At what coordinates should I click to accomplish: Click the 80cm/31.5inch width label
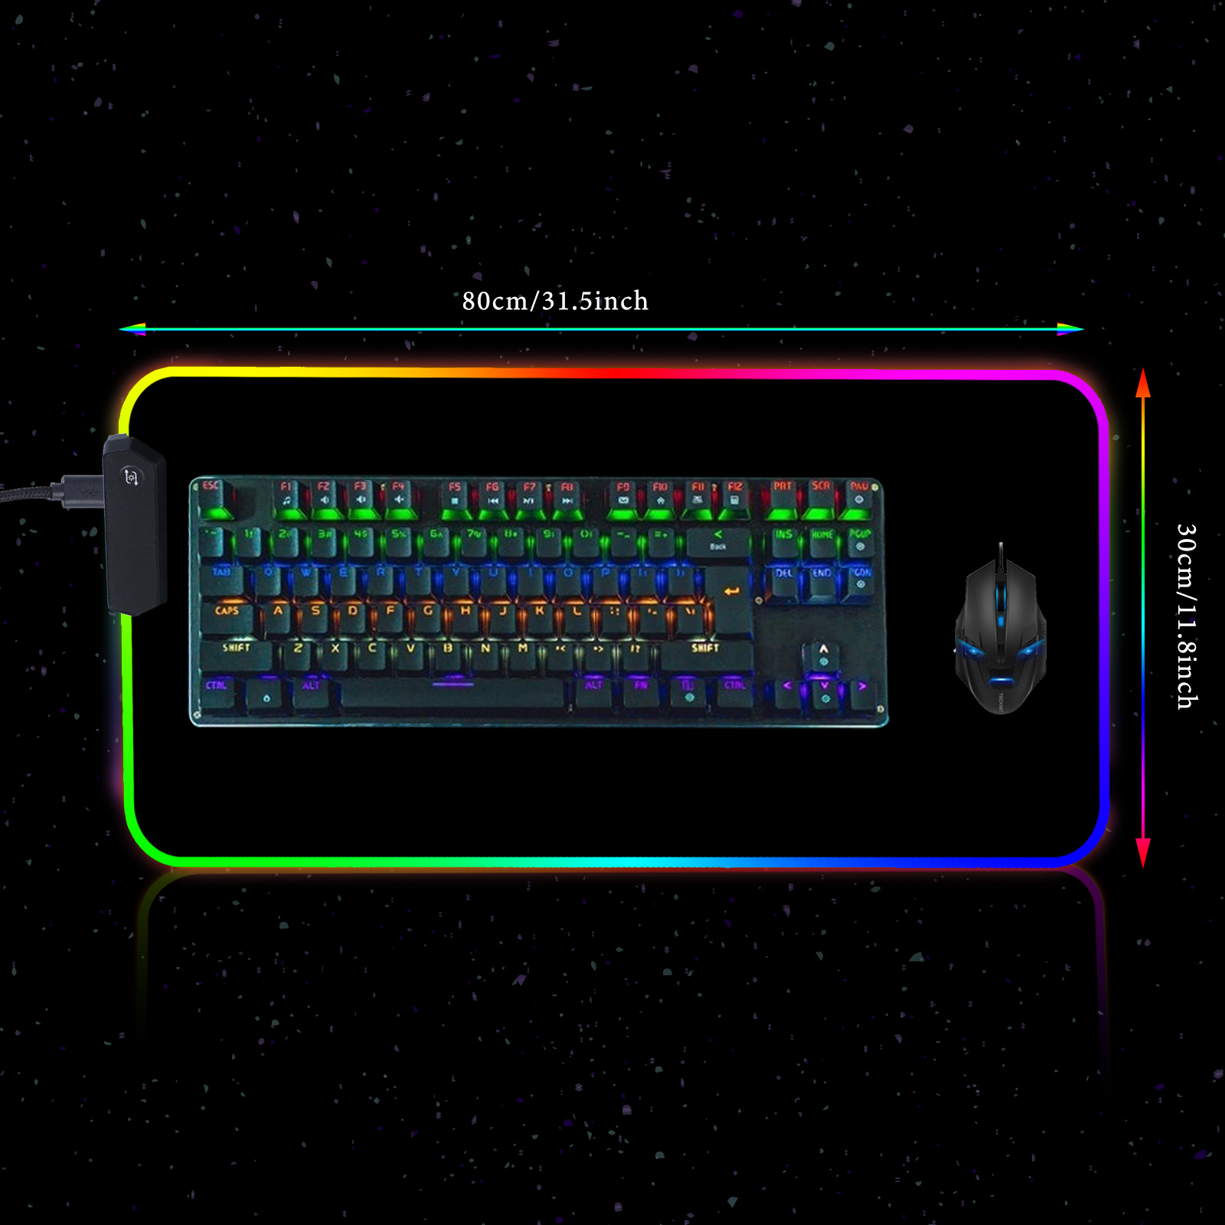point(555,301)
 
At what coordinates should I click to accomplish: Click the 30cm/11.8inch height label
point(1186,616)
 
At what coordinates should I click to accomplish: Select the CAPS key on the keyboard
point(227,616)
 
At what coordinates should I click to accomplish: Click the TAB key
point(222,579)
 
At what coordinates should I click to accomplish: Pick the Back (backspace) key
point(718,541)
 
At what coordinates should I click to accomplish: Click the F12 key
point(735,497)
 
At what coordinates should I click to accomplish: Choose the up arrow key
point(823,655)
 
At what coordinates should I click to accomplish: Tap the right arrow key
point(861,691)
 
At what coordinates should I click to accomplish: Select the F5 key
point(455,497)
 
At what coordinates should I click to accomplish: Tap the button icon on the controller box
point(131,478)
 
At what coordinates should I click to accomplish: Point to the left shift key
point(237,653)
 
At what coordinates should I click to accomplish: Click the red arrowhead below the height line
point(1143,851)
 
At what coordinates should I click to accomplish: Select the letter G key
point(428,616)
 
